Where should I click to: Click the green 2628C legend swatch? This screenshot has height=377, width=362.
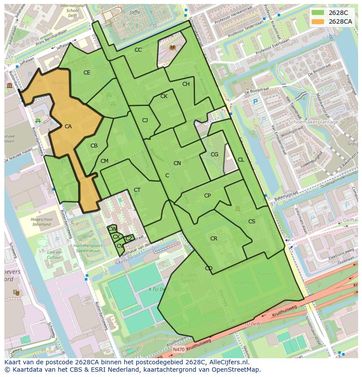pyautogui.click(x=318, y=13)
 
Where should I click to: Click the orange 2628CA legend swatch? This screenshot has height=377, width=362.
pyautogui.click(x=318, y=21)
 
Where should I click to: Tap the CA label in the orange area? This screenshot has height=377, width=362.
pyautogui.click(x=68, y=127)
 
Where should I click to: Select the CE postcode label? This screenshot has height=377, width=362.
pyautogui.click(x=87, y=73)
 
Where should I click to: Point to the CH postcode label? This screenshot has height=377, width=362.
pyautogui.click(x=186, y=84)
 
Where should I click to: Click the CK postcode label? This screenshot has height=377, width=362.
pyautogui.click(x=164, y=96)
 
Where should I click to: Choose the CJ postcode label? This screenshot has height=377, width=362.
pyautogui.click(x=145, y=120)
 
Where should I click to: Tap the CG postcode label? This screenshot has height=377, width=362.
pyautogui.click(x=214, y=155)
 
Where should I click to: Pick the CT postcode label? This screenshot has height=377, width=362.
pyautogui.click(x=137, y=190)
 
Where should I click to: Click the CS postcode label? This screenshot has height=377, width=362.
pyautogui.click(x=251, y=222)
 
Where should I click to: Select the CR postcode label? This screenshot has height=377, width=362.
pyautogui.click(x=214, y=239)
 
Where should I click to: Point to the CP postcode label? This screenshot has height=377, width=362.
pyautogui.click(x=207, y=196)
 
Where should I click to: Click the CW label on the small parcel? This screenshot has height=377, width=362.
pyautogui.click(x=112, y=229)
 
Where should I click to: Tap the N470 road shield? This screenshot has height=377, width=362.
pyautogui.click(x=178, y=349)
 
